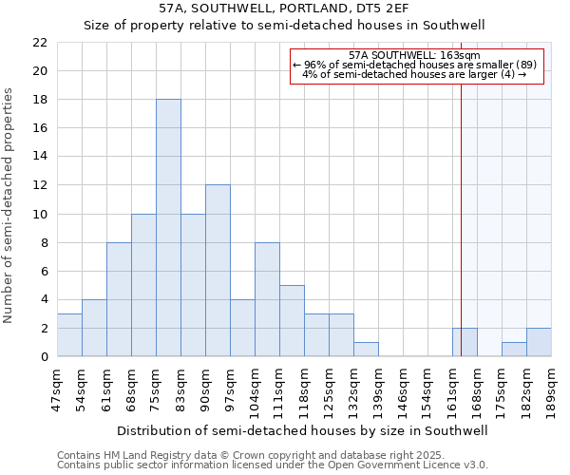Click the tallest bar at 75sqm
(x=168, y=228)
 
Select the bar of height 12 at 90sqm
(x=218, y=271)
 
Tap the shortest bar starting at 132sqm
(x=366, y=350)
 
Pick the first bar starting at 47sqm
(x=69, y=335)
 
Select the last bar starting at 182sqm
(x=539, y=342)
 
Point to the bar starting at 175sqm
(x=514, y=350)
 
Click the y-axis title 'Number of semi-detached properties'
(x=9, y=205)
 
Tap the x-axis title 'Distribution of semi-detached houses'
(x=304, y=430)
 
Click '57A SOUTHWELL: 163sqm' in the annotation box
(x=414, y=55)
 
